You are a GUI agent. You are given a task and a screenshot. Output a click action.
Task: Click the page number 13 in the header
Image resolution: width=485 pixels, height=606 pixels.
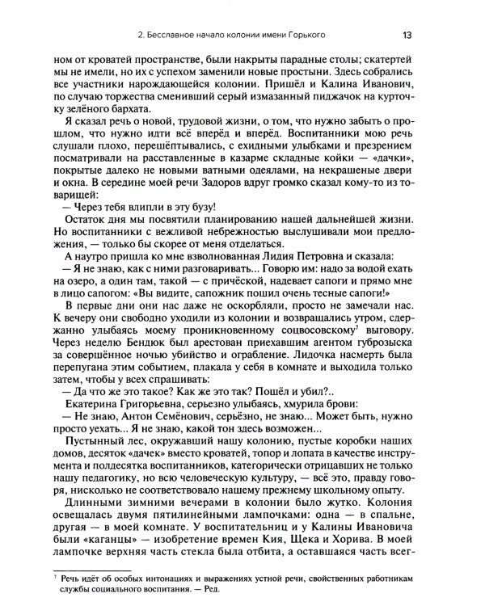[x=407, y=34]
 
